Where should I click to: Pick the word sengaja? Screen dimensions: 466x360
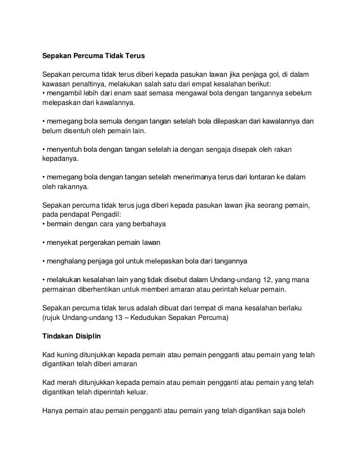click(x=227, y=150)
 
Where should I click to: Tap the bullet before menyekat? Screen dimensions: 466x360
click(x=44, y=243)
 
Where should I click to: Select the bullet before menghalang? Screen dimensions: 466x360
click(x=44, y=262)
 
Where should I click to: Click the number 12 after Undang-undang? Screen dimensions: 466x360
click(x=244, y=280)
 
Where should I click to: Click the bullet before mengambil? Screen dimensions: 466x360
click(x=44, y=93)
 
